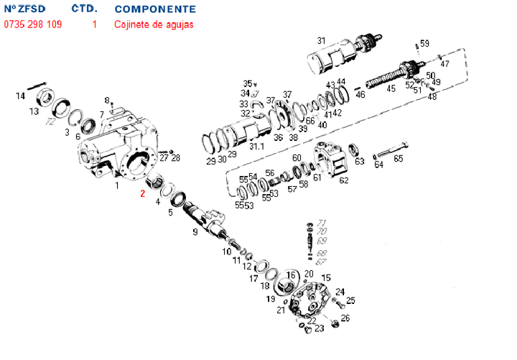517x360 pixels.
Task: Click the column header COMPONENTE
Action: tap(154, 9)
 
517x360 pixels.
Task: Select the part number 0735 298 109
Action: tap(32, 24)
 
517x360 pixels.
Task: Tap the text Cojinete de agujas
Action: tap(153, 24)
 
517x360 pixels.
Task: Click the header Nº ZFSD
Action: tap(27, 9)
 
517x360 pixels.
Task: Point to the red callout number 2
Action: tap(142, 193)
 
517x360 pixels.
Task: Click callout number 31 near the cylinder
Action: tap(322, 40)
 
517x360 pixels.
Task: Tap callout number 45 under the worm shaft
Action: tap(391, 89)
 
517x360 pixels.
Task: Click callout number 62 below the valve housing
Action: tap(344, 180)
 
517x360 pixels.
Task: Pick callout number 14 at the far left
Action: tap(21, 96)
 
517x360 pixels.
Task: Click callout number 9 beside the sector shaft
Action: tap(195, 231)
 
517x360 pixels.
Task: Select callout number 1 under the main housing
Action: tap(116, 185)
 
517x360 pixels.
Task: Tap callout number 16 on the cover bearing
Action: tap(292, 275)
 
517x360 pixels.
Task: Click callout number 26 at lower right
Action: tap(345, 318)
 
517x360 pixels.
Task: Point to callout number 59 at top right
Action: tap(424, 44)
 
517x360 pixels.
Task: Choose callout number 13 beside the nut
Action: tap(34, 111)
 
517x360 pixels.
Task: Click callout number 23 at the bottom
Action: tap(319, 328)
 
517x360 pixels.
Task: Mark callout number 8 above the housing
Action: tap(107, 100)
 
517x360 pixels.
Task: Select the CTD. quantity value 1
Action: tap(94, 24)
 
